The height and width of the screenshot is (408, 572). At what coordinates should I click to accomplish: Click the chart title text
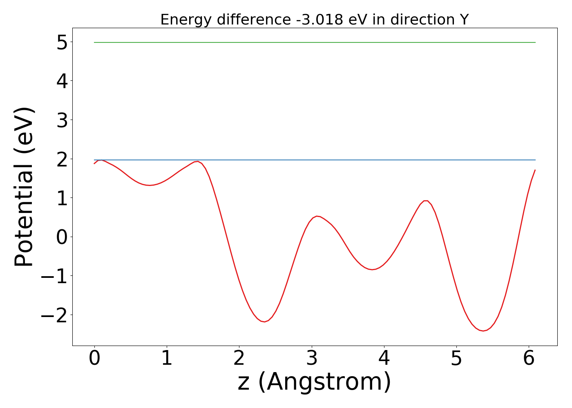[314, 20]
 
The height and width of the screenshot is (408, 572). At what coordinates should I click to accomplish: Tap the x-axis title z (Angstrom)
[314, 382]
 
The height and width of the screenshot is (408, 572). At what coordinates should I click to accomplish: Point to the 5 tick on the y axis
[62, 42]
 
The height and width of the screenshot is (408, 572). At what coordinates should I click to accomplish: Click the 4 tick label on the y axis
[62, 81]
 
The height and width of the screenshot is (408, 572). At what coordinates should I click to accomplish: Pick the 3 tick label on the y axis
[62, 120]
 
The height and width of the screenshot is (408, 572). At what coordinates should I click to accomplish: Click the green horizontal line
[314, 42]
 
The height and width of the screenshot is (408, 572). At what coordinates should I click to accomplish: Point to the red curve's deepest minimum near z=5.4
[483, 331]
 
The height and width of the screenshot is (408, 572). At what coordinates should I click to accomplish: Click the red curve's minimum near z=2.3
[265, 322]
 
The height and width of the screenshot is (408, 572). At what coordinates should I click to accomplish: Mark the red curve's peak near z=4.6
[426, 201]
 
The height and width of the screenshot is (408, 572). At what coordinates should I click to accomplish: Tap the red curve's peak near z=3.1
[317, 216]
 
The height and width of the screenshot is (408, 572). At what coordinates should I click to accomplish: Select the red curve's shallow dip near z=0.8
[150, 185]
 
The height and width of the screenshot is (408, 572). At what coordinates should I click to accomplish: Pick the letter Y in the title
[464, 20]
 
